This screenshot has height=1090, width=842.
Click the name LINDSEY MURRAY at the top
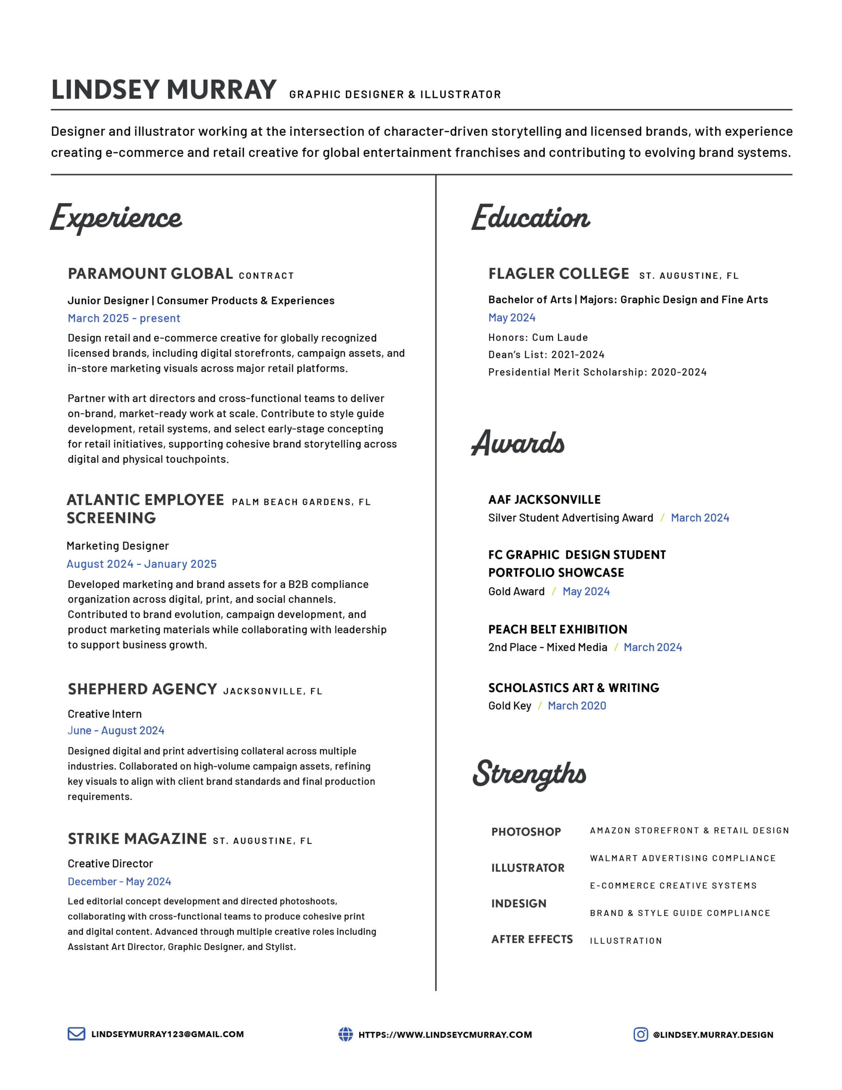pos(164,90)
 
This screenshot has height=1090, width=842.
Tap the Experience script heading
pos(116,218)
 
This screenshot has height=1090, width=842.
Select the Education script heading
pos(530,218)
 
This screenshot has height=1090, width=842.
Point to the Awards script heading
pos(518,443)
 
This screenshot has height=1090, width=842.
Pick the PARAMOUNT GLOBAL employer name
pos(150,273)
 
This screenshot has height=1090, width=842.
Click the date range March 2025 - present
pos(124,318)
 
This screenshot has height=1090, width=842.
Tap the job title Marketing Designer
pos(118,545)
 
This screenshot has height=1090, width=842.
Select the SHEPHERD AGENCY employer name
pos(142,689)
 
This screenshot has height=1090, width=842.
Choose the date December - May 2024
pos(119,881)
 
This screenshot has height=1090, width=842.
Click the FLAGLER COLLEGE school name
pos(558,273)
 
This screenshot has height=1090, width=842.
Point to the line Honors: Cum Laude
pos(538,337)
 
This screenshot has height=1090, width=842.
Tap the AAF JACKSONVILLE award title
pos(544,499)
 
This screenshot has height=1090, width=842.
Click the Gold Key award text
pos(510,706)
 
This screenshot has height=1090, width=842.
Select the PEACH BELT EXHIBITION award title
pos(558,629)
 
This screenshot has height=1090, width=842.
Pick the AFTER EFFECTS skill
pos(532,939)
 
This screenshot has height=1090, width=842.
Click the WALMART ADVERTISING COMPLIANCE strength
pos(682,858)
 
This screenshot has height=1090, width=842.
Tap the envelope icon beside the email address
pos(76,1034)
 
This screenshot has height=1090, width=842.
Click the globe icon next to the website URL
pos(345,1034)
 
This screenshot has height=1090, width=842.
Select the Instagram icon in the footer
pos(640,1034)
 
